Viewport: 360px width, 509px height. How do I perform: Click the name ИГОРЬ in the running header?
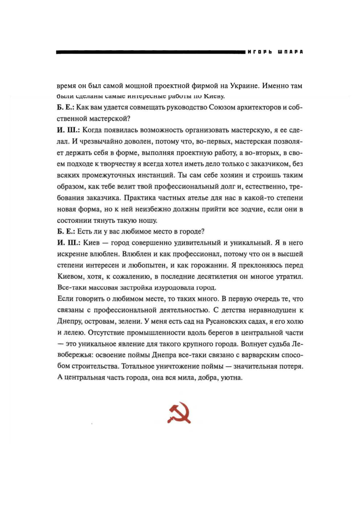point(259,52)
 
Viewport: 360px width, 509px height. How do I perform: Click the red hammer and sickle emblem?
point(179,413)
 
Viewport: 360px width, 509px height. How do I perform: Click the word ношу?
point(149,220)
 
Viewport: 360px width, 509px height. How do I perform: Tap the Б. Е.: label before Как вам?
point(66,107)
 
